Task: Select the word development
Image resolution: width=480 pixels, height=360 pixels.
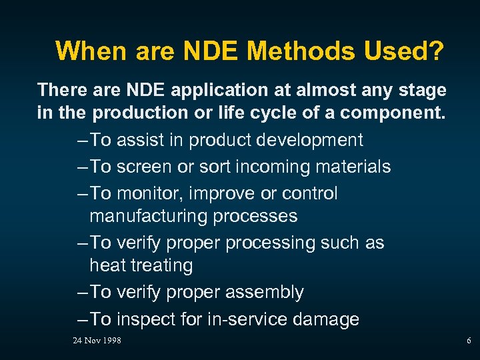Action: (x=311, y=140)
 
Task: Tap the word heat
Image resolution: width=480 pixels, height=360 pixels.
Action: (x=107, y=265)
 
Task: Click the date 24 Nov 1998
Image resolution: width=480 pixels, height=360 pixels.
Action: (x=97, y=341)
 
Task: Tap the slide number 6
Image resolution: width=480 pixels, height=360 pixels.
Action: (x=469, y=341)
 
